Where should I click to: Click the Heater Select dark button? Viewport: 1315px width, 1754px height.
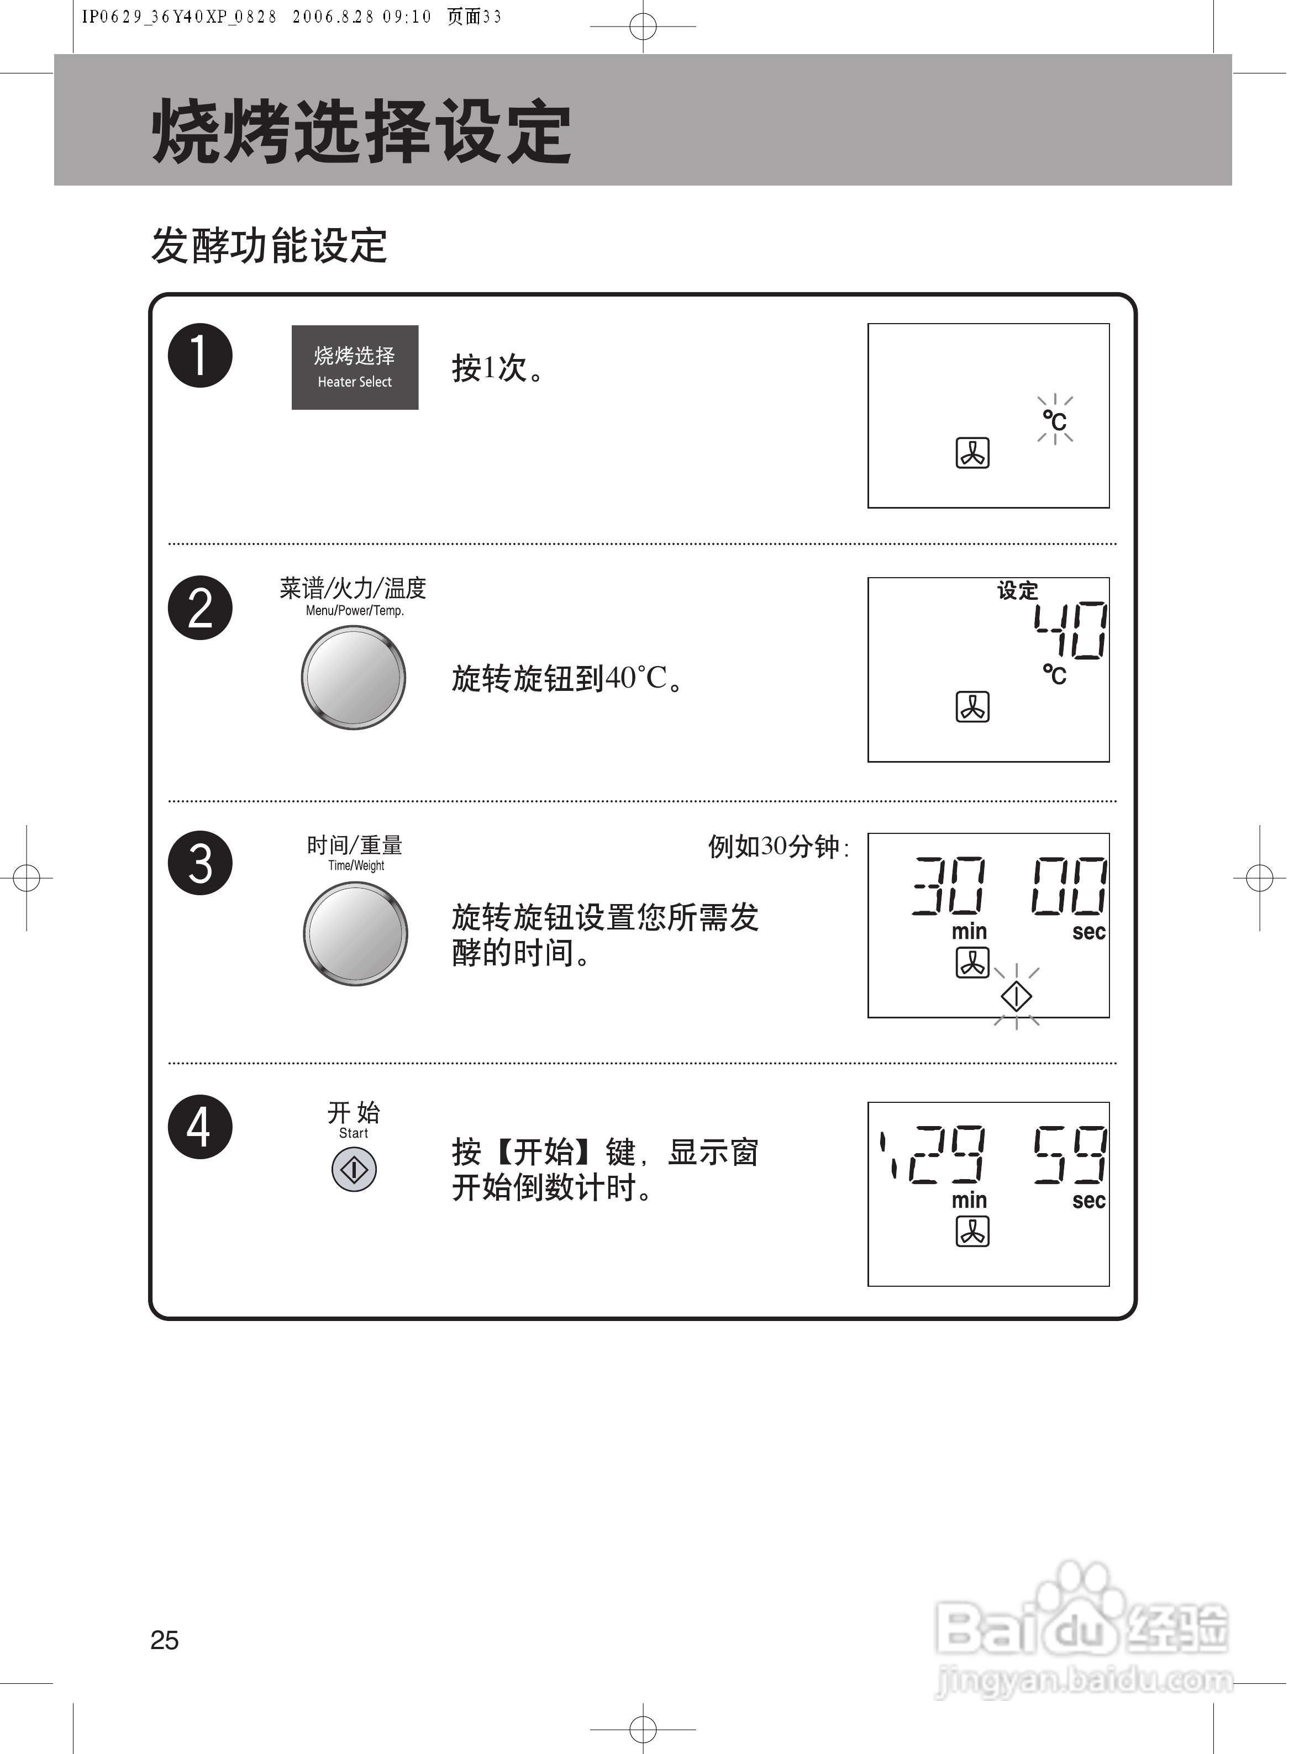click(355, 367)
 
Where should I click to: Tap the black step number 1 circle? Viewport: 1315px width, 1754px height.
click(200, 355)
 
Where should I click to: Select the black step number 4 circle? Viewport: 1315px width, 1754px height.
click(200, 1126)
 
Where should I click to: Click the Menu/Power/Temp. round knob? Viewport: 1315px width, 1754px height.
click(353, 677)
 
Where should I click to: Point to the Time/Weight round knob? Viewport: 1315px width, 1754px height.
click(355, 933)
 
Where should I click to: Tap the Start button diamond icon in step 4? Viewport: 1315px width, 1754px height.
click(354, 1170)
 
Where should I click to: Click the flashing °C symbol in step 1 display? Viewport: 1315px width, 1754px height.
click(1055, 420)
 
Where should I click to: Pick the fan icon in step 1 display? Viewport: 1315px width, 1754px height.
click(972, 453)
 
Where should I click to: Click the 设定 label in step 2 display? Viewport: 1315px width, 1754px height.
click(1018, 591)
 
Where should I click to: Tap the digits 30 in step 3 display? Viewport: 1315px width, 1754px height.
click(949, 886)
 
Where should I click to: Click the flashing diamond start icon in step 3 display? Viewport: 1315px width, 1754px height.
click(1016, 996)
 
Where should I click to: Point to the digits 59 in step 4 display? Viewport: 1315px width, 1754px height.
click(1070, 1155)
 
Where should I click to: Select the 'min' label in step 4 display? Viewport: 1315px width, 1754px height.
click(969, 1201)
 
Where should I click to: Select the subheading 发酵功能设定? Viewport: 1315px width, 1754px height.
click(269, 245)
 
